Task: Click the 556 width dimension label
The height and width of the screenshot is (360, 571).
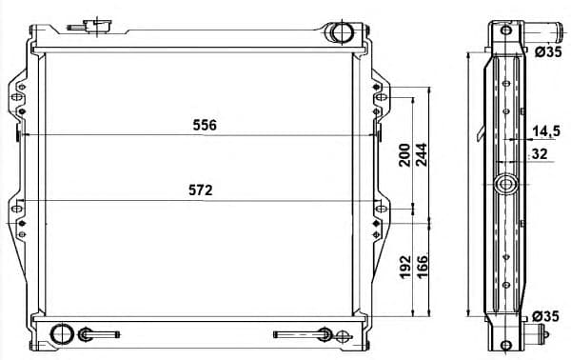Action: tap(205, 126)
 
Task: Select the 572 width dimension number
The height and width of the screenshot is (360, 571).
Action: tap(199, 190)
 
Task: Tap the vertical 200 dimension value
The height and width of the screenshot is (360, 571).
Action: tap(404, 155)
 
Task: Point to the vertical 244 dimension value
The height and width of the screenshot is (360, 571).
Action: tap(422, 155)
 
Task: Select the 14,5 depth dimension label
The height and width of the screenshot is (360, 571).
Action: tap(545, 130)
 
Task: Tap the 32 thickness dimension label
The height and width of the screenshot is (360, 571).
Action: tap(539, 152)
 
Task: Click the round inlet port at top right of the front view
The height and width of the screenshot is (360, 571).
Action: tap(340, 33)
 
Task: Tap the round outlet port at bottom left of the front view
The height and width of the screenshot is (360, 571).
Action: tap(61, 334)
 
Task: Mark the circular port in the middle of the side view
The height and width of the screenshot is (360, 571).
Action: tap(505, 184)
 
